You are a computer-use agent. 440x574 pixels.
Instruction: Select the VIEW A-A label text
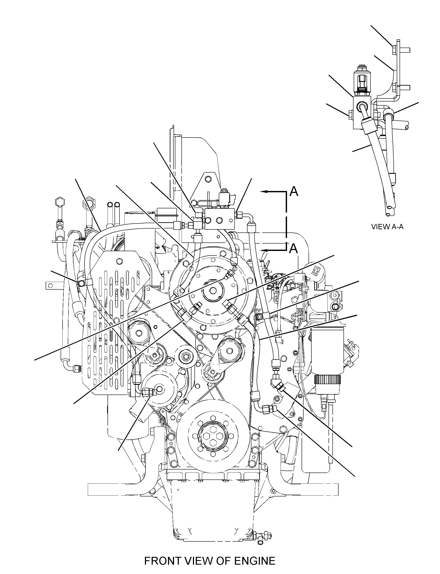[387, 227]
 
